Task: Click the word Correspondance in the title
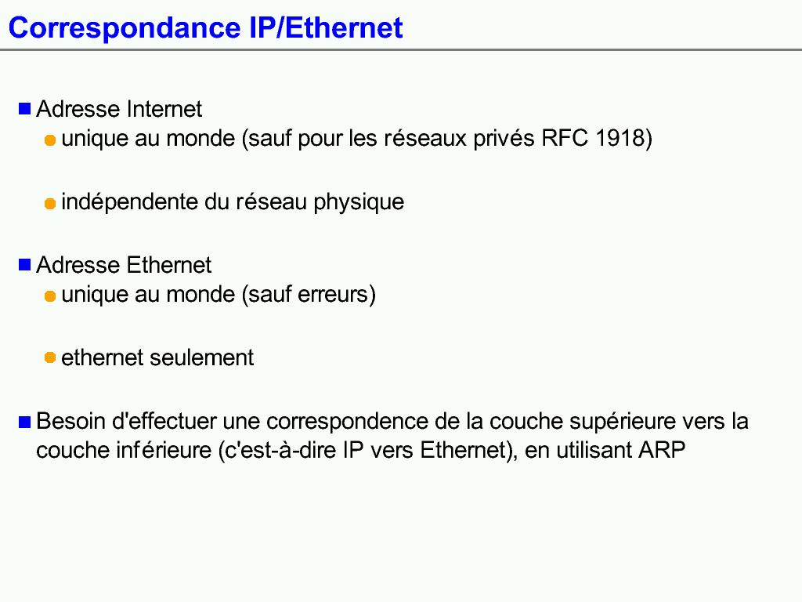[x=125, y=29]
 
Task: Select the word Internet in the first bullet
[x=164, y=109]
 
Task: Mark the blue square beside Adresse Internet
[x=24, y=108]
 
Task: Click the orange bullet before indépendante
[x=50, y=204]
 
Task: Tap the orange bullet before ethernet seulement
[x=50, y=357]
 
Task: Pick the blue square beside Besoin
[x=24, y=421]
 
